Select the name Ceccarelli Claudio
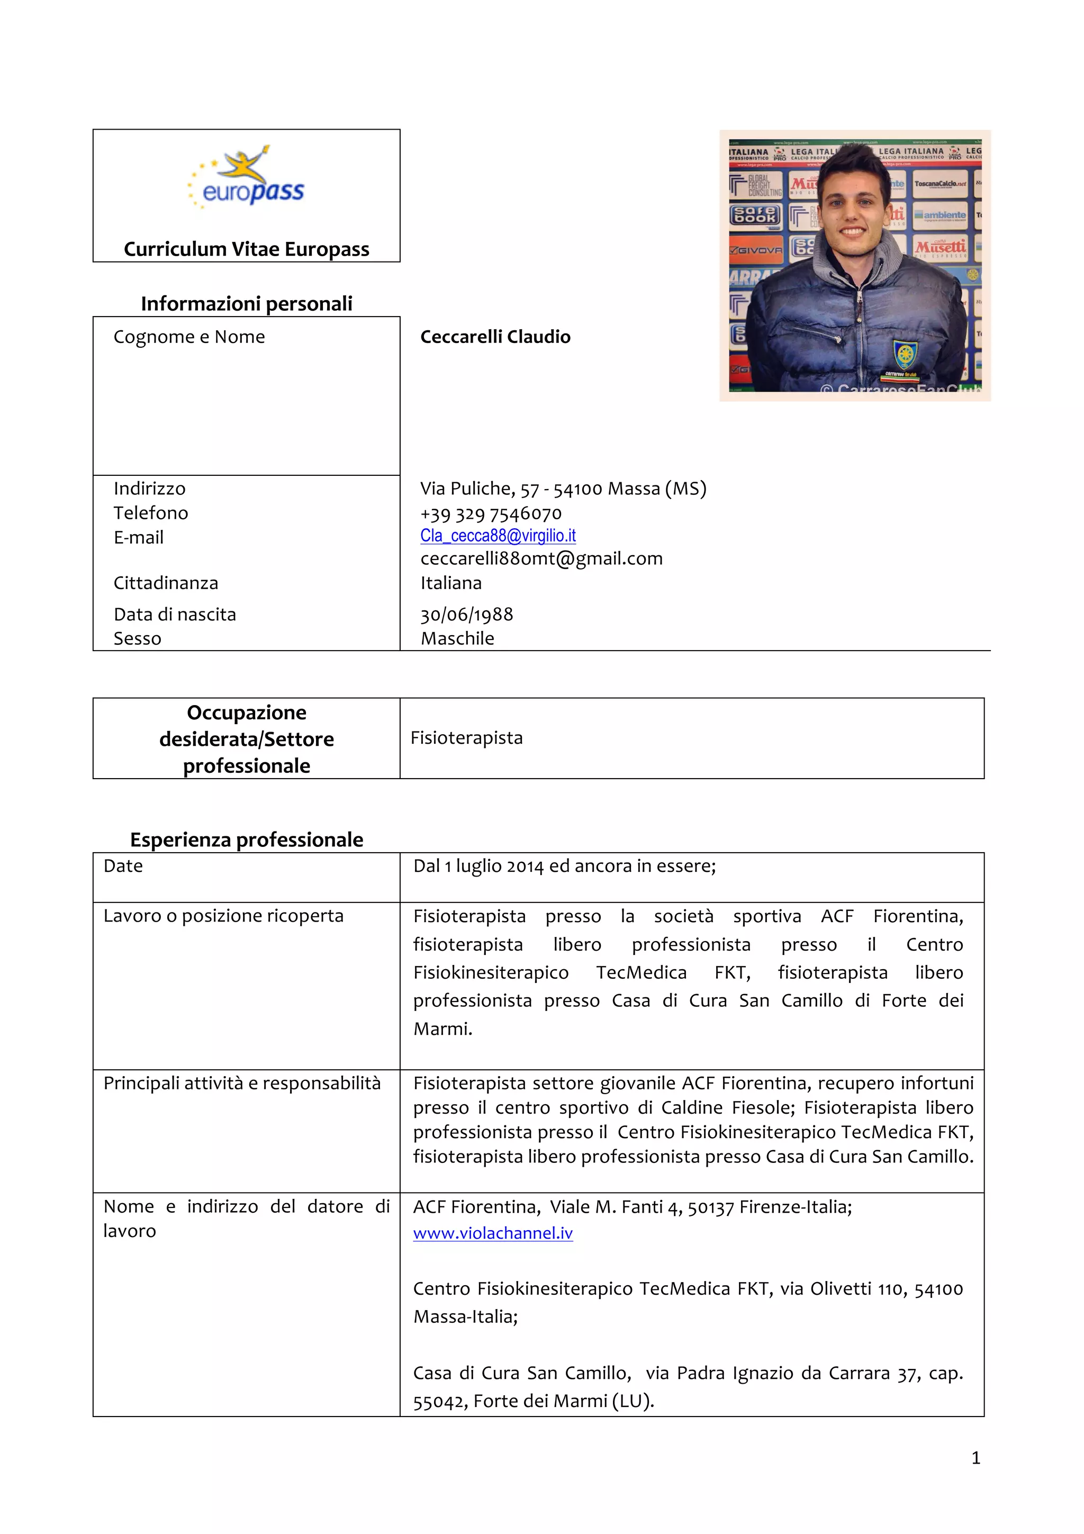click(495, 337)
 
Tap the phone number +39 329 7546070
click(491, 513)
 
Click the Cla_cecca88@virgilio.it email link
click(498, 535)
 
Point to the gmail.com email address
click(541, 558)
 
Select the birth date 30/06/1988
click(466, 614)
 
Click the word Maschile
click(457, 639)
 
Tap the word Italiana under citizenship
click(451, 583)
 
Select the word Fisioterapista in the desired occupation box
click(466, 737)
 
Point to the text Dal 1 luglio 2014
click(478, 866)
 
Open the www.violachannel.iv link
click(493, 1233)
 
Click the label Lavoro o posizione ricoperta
click(223, 915)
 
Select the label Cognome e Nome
click(189, 337)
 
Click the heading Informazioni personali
click(247, 303)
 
